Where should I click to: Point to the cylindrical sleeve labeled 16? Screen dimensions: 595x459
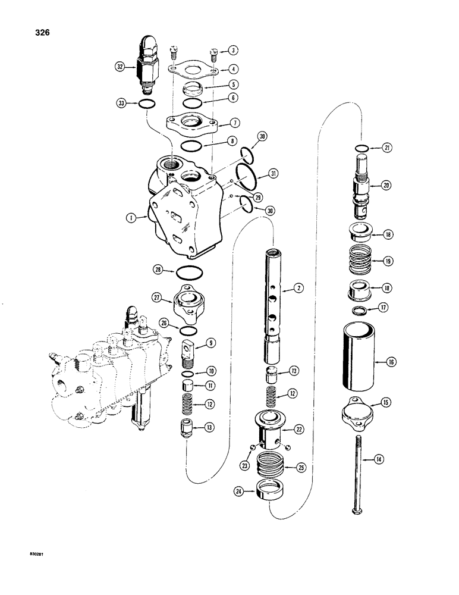[357, 362]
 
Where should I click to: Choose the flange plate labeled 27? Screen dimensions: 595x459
[189, 301]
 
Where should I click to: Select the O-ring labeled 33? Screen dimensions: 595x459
[147, 105]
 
